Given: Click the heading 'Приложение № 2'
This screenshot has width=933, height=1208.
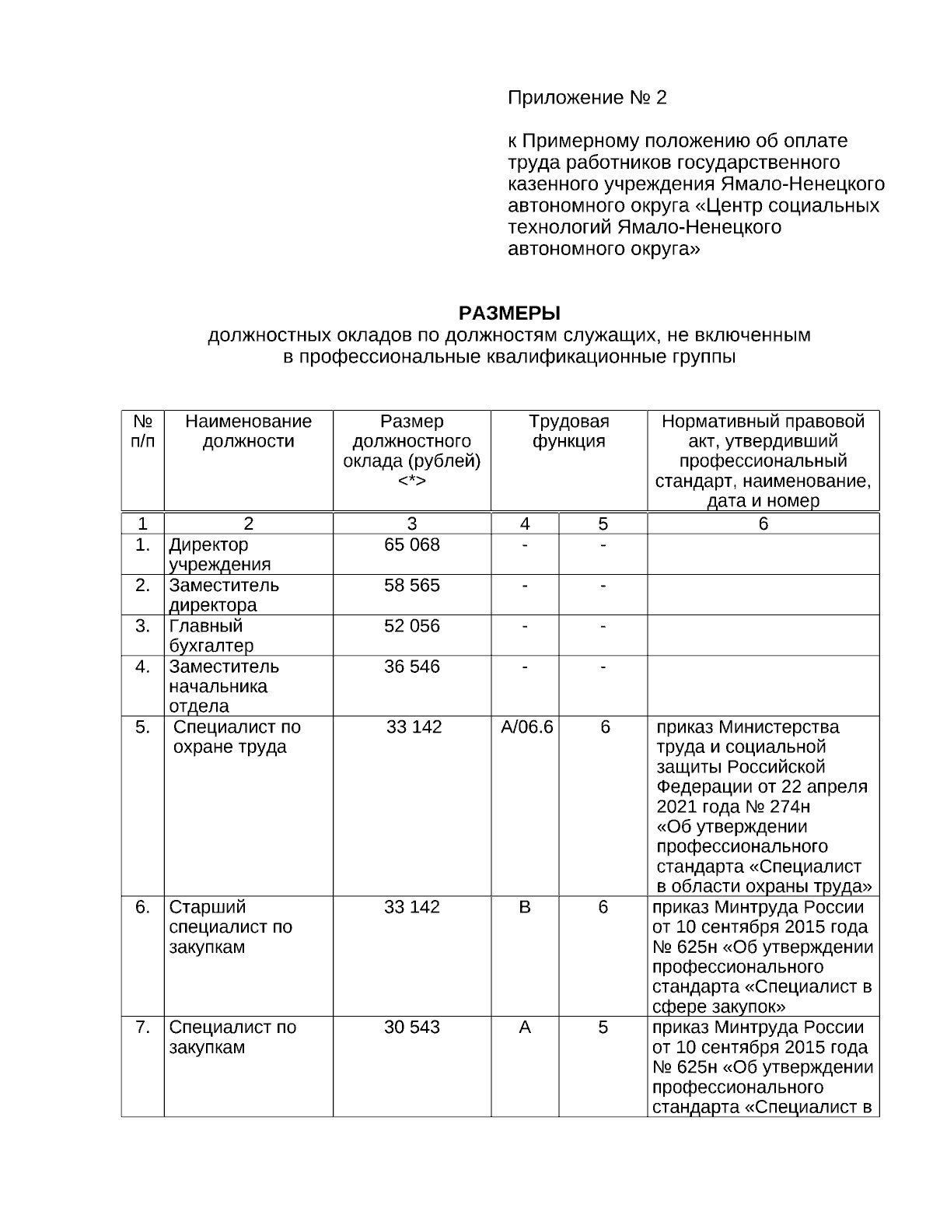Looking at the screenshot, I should click(x=587, y=98).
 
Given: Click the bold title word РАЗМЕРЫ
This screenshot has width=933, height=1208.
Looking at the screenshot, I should click(x=509, y=313).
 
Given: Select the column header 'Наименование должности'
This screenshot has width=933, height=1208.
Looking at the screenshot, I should click(x=248, y=432).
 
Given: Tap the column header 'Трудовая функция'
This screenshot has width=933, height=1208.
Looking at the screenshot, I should click(x=568, y=432).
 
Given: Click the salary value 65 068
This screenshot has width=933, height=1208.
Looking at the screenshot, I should click(x=412, y=545).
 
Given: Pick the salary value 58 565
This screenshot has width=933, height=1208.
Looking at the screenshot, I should click(x=412, y=586).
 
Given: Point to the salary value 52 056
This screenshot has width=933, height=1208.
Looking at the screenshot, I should click(x=412, y=626).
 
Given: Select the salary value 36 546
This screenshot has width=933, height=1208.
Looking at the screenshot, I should click(x=412, y=667).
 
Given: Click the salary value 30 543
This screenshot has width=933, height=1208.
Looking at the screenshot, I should click(x=412, y=1028).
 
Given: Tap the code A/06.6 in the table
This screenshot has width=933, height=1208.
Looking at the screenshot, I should click(x=526, y=727).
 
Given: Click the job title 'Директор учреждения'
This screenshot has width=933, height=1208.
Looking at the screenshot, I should click(x=220, y=555).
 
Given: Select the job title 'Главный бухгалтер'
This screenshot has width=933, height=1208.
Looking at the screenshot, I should click(x=211, y=636).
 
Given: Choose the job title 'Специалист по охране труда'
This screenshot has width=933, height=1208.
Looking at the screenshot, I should click(x=236, y=737).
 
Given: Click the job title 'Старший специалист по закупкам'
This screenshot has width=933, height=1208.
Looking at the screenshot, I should click(x=230, y=927).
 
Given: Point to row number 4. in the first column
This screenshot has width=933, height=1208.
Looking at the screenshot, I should click(x=142, y=667).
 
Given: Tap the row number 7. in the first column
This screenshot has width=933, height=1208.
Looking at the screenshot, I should click(x=142, y=1028).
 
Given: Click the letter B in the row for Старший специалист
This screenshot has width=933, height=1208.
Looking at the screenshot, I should click(x=525, y=908).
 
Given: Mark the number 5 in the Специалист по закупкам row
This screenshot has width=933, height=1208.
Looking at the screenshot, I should click(x=603, y=1028).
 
